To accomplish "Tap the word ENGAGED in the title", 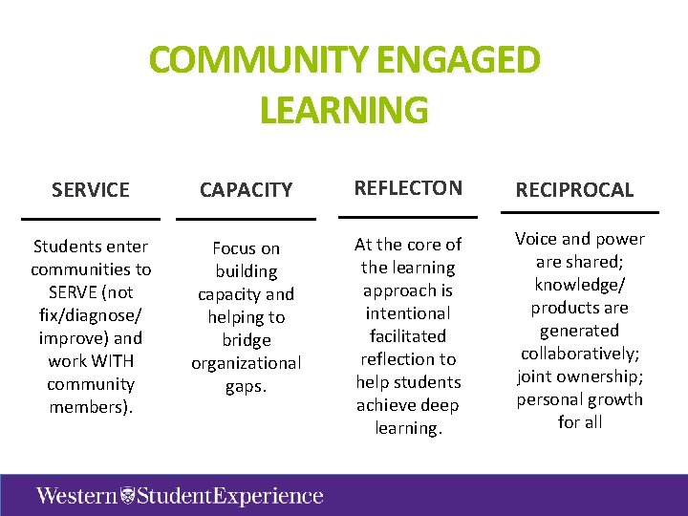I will tap(459, 61).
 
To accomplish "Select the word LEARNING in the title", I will tap(344, 110).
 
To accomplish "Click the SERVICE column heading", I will tap(91, 189).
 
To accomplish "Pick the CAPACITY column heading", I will tap(246, 189).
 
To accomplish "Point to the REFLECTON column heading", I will tap(408, 187).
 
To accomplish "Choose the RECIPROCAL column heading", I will tap(574, 189).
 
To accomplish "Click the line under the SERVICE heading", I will tap(91, 219).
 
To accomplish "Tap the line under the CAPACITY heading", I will tap(246, 219).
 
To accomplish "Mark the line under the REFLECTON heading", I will tap(408, 217).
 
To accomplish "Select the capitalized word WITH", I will tap(115, 361).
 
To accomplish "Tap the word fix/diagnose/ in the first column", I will tap(91, 315).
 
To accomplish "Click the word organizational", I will tap(246, 363).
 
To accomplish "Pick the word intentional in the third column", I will tap(408, 313).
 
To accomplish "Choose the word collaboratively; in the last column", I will tap(580, 354).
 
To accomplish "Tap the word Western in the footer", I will tap(76, 495).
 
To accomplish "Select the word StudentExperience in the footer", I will tap(229, 495).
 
